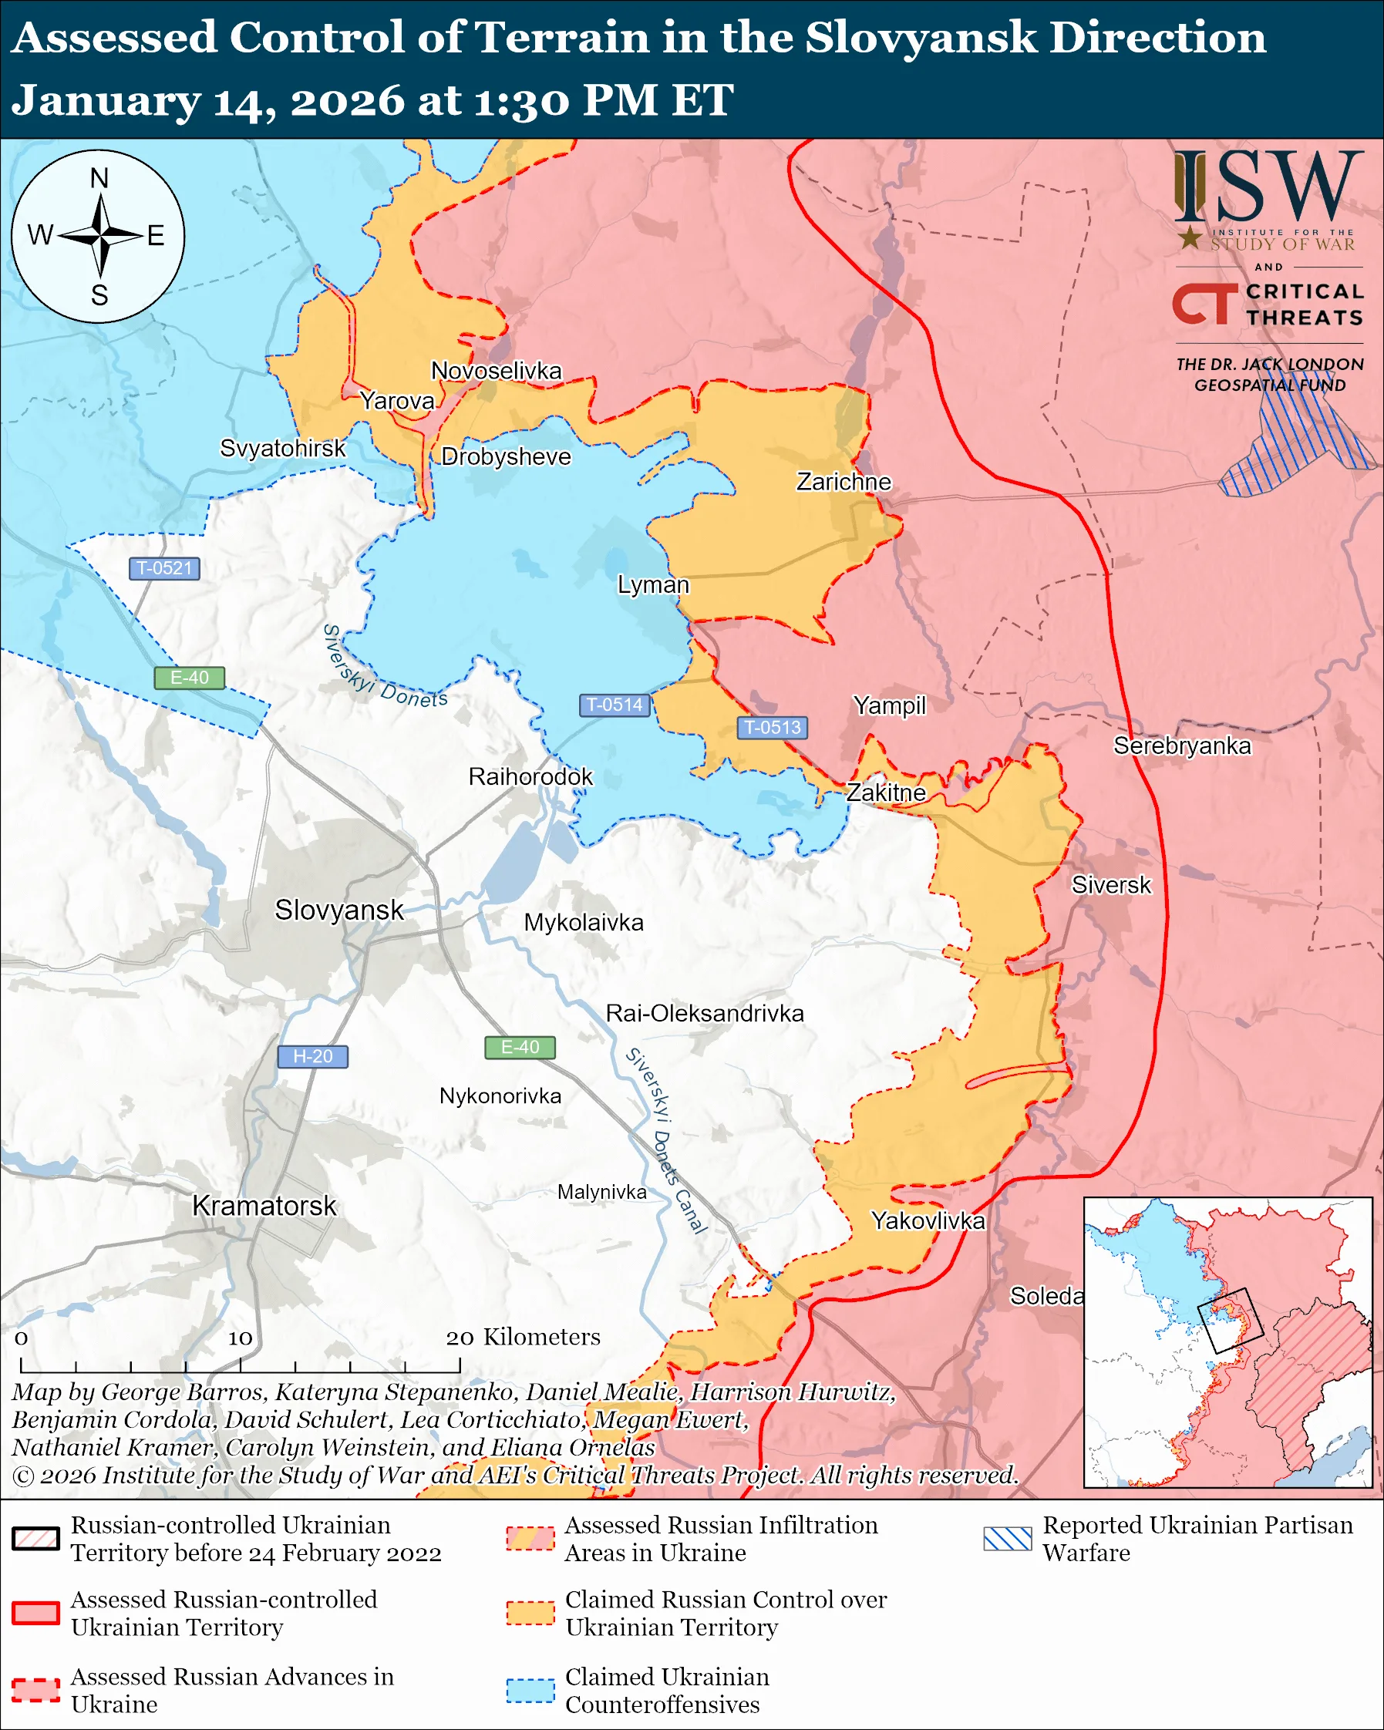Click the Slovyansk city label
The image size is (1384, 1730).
pyautogui.click(x=338, y=910)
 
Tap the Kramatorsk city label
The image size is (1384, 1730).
pyautogui.click(x=264, y=1205)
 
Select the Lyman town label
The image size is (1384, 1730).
pyautogui.click(x=653, y=584)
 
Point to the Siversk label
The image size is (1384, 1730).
pyautogui.click(x=1111, y=885)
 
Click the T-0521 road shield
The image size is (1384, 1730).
pyautogui.click(x=164, y=568)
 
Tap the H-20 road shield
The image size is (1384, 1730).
pyautogui.click(x=312, y=1056)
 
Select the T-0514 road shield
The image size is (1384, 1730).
pyautogui.click(x=615, y=705)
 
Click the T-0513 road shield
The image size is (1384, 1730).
pyautogui.click(x=772, y=727)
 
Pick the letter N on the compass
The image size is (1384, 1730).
pyautogui.click(x=99, y=178)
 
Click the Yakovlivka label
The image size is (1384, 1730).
pyautogui.click(x=928, y=1220)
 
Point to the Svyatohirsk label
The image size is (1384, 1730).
pyautogui.click(x=282, y=448)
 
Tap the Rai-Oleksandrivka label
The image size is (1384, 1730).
pyautogui.click(x=705, y=1014)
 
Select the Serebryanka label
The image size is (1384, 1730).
pyautogui.click(x=1182, y=746)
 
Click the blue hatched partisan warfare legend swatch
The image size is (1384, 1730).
pyautogui.click(x=1008, y=1538)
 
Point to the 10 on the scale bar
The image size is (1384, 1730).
pyautogui.click(x=240, y=1338)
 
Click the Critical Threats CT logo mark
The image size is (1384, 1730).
pyautogui.click(x=1204, y=303)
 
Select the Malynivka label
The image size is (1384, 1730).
pyautogui.click(x=601, y=1192)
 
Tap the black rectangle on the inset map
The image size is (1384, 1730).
pyautogui.click(x=1230, y=1321)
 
